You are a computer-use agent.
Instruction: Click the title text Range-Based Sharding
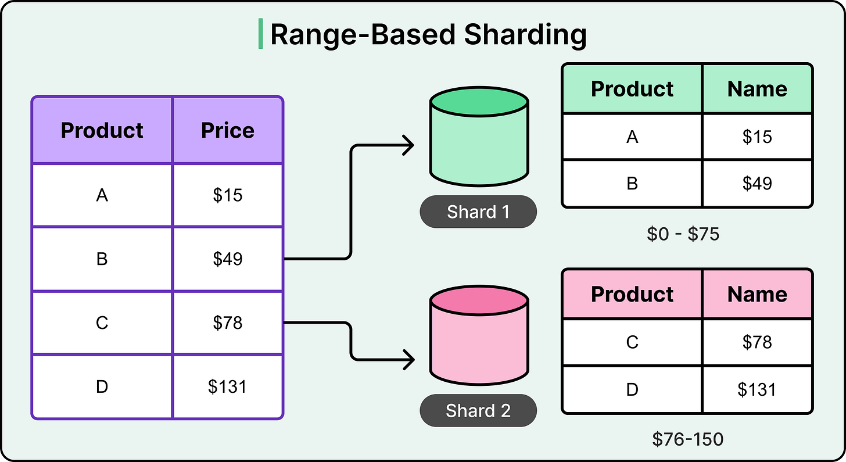[x=428, y=35]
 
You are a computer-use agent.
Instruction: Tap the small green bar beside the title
[x=260, y=34]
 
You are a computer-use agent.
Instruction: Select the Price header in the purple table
[x=227, y=130]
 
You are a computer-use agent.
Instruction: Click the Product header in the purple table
[x=102, y=130]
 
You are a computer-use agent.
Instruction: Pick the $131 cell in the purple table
[x=227, y=386]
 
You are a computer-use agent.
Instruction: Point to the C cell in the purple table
[x=102, y=323]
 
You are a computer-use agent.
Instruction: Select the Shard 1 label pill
[x=478, y=212]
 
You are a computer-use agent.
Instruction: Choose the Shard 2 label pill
[x=478, y=411]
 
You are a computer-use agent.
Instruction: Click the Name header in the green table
[x=757, y=88]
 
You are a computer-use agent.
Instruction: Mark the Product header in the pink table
[x=632, y=294]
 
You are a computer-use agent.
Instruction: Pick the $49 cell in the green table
[x=757, y=183]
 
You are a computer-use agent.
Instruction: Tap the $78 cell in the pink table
[x=757, y=342]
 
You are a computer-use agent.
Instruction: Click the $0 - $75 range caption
[x=683, y=234]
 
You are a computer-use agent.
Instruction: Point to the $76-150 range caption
[x=687, y=439]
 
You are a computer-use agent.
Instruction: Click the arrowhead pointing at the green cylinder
[x=408, y=145]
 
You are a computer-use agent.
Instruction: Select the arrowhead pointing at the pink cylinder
[x=408, y=359]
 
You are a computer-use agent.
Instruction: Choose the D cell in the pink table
[x=632, y=389]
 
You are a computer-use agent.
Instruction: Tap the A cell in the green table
[x=632, y=137]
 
